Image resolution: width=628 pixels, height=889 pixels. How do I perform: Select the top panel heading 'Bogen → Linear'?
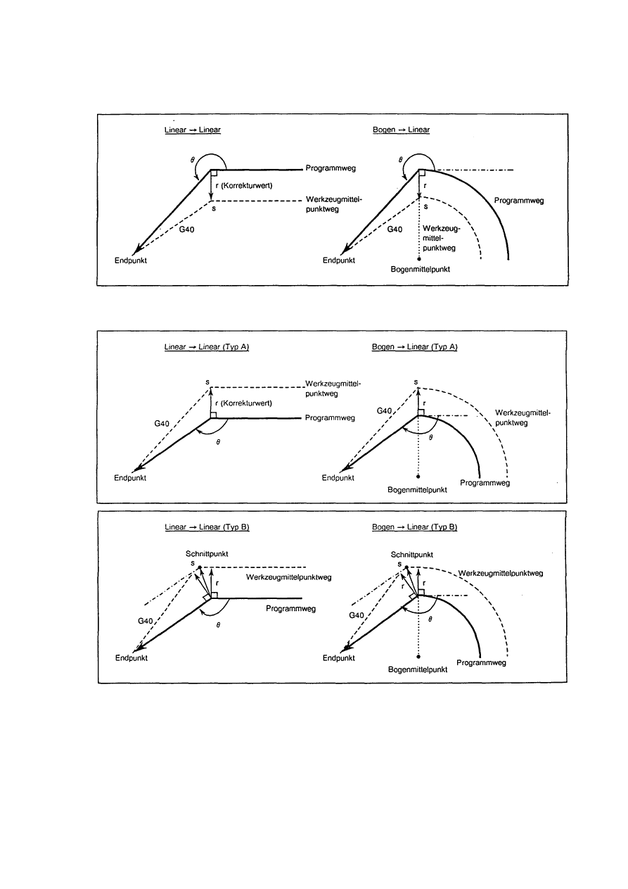pos(401,130)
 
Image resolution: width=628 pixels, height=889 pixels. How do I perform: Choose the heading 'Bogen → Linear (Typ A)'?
pos(414,348)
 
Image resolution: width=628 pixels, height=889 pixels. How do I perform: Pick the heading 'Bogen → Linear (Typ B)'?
pos(414,527)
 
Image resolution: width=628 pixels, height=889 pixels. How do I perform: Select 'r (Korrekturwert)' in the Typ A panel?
pos(244,403)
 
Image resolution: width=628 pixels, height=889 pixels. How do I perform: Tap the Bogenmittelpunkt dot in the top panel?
pos(419,260)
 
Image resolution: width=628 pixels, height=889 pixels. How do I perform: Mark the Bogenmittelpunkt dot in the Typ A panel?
pos(419,477)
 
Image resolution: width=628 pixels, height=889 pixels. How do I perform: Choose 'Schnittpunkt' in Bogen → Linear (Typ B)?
pos(411,555)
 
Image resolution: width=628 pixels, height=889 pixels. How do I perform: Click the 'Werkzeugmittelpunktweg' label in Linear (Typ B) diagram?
pos(288,577)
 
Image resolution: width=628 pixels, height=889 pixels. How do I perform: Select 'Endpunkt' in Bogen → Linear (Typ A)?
pos(338,478)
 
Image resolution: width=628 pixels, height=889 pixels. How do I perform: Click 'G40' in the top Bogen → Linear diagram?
pos(395,229)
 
